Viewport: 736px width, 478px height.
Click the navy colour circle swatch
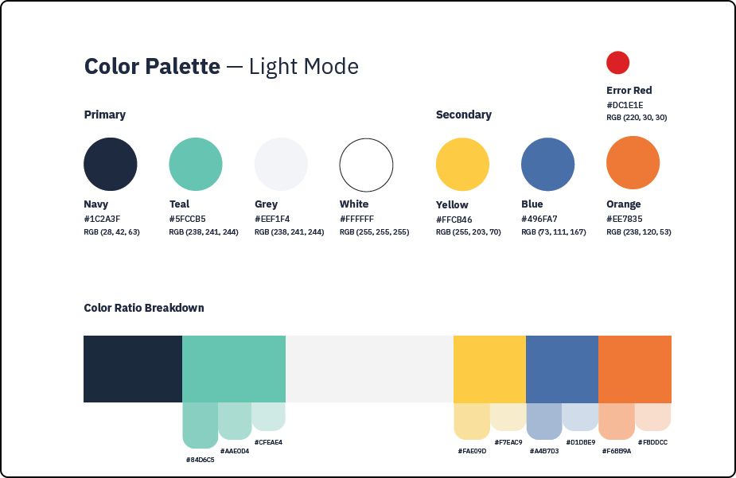coord(111,164)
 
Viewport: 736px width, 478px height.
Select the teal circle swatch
coord(196,164)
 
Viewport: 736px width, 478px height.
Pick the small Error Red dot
coord(617,62)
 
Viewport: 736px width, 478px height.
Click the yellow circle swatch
coord(462,164)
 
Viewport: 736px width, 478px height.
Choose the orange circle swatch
coord(633,163)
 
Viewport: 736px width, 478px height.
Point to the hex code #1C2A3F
coord(102,219)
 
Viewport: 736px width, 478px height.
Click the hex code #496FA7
coord(539,219)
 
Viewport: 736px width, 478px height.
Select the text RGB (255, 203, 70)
coord(469,231)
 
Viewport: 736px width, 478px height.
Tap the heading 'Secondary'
coord(464,115)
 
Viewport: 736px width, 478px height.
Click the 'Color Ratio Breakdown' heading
coord(144,308)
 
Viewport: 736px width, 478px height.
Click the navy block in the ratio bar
coord(133,369)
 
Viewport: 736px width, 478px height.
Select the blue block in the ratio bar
coord(562,369)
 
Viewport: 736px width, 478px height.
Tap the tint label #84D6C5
coord(200,460)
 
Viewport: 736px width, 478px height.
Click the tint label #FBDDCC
coord(652,442)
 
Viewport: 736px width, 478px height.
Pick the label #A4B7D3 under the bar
coord(544,451)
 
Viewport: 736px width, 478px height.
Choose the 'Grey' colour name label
coord(266,204)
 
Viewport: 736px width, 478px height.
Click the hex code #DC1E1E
coord(625,105)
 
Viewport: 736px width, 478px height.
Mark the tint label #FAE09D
coord(472,451)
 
